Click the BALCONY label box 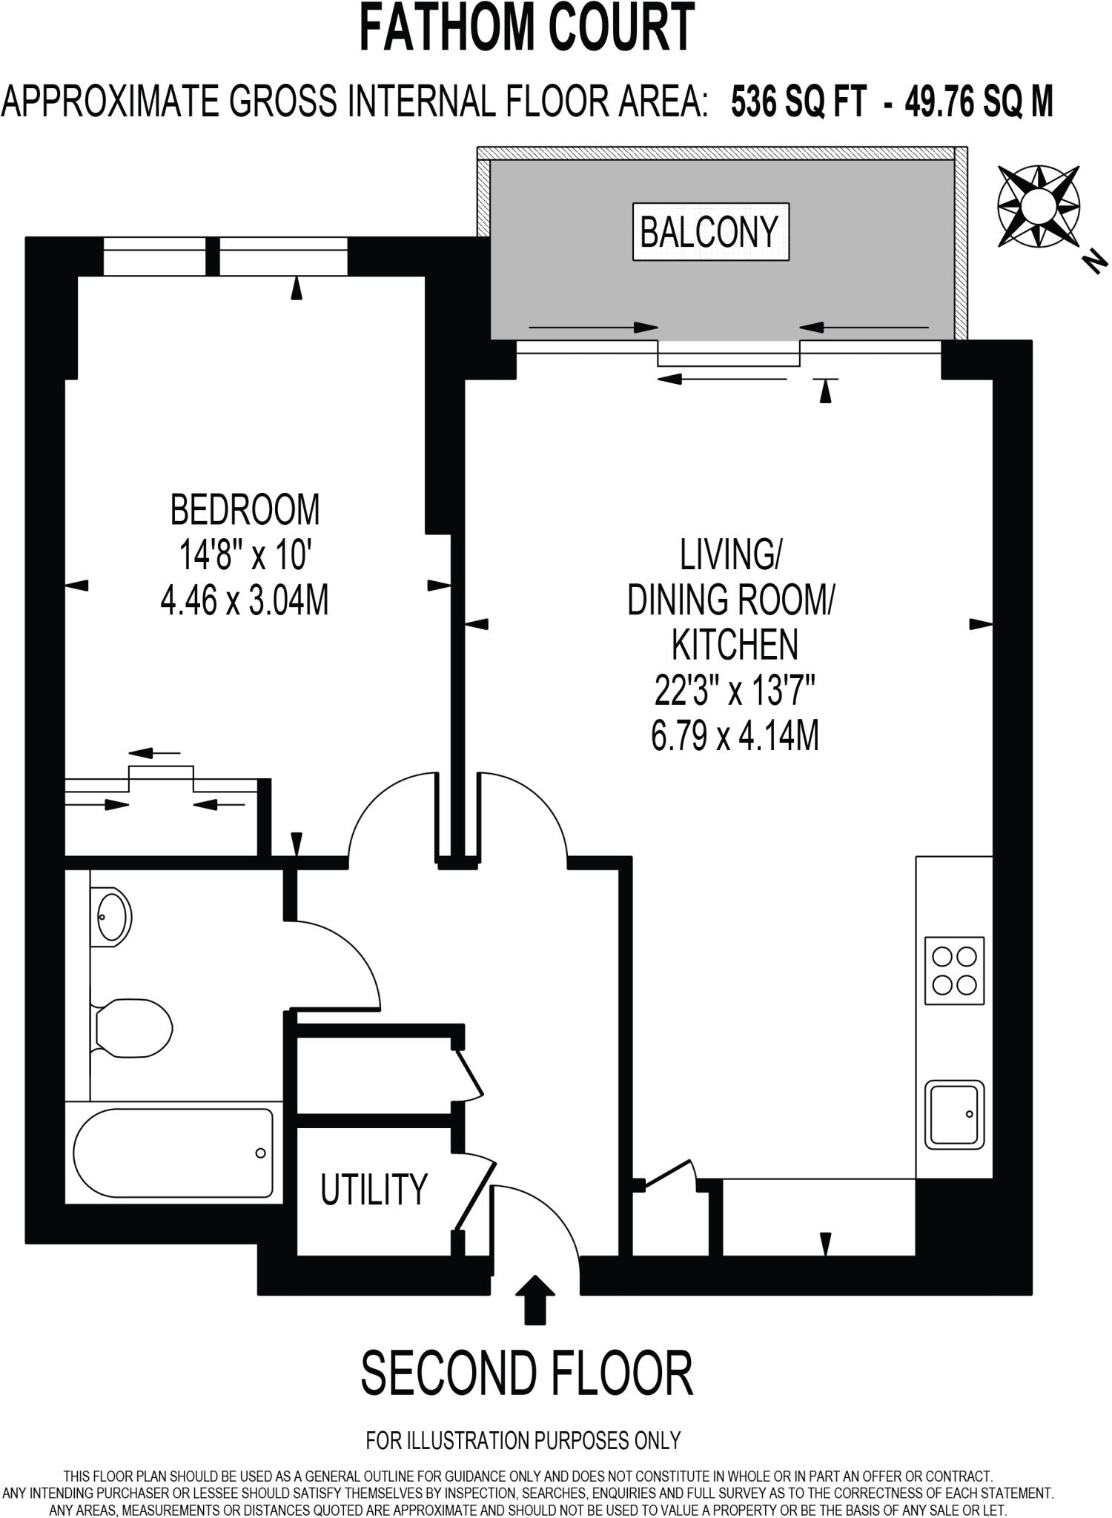point(710,232)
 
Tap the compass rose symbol point(1037,207)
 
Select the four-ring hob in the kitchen point(954,971)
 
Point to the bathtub point(173,1153)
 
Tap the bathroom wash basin point(113,917)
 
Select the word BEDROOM point(245,510)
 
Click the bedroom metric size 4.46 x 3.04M point(245,600)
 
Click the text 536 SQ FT point(798,102)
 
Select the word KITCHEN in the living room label point(734,645)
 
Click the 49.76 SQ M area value point(979,102)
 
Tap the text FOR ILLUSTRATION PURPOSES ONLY point(523,1440)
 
